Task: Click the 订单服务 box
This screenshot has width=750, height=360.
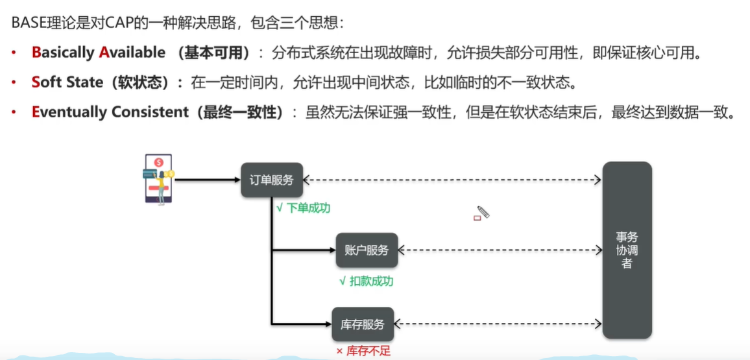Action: click(x=272, y=180)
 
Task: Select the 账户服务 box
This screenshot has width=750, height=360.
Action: click(x=367, y=250)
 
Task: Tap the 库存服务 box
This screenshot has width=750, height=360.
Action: click(x=363, y=324)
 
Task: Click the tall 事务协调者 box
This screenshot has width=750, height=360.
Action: click(x=627, y=250)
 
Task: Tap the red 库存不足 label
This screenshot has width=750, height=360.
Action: click(x=363, y=352)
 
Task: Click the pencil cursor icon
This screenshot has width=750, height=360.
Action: click(x=483, y=212)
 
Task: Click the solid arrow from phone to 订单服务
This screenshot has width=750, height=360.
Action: click(x=207, y=180)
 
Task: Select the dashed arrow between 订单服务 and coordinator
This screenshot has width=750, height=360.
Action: click(x=452, y=180)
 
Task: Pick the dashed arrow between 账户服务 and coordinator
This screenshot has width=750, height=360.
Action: click(x=500, y=250)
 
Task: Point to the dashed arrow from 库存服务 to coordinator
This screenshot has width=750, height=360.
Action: click(x=498, y=324)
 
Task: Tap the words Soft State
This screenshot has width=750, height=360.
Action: click(x=67, y=82)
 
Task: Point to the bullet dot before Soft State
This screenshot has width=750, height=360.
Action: click(x=14, y=83)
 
